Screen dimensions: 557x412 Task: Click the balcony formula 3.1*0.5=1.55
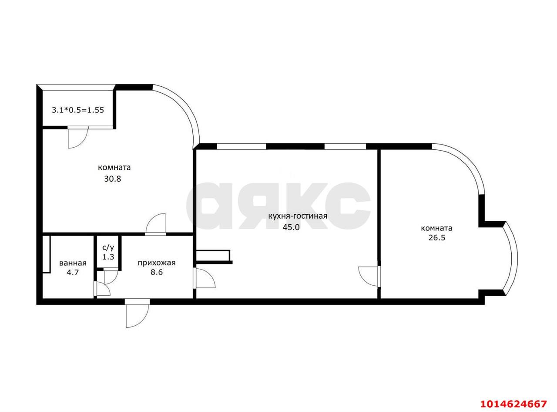(x=78, y=110)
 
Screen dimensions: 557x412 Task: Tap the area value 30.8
(x=113, y=179)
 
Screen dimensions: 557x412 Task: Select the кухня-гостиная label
(x=298, y=216)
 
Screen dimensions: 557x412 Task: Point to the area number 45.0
(x=291, y=227)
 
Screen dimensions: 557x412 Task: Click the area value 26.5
(x=437, y=237)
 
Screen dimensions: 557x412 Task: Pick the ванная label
(x=73, y=263)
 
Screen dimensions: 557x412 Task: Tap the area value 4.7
(x=73, y=272)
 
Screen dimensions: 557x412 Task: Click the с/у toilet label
(x=108, y=248)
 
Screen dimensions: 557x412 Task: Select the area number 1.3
(x=108, y=257)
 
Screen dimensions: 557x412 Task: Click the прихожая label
(x=157, y=263)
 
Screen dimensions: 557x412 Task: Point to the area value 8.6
(x=157, y=272)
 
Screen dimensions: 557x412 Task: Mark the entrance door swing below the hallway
(x=137, y=313)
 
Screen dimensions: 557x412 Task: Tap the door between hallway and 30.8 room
(x=156, y=224)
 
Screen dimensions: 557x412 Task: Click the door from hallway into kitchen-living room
(x=204, y=278)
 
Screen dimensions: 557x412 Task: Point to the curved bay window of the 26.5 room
(x=510, y=258)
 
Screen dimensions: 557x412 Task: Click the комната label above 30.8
(x=114, y=167)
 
